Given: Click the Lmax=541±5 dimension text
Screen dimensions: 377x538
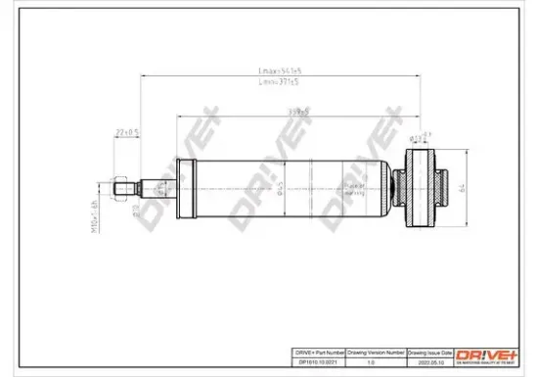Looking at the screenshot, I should tap(279, 71).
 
